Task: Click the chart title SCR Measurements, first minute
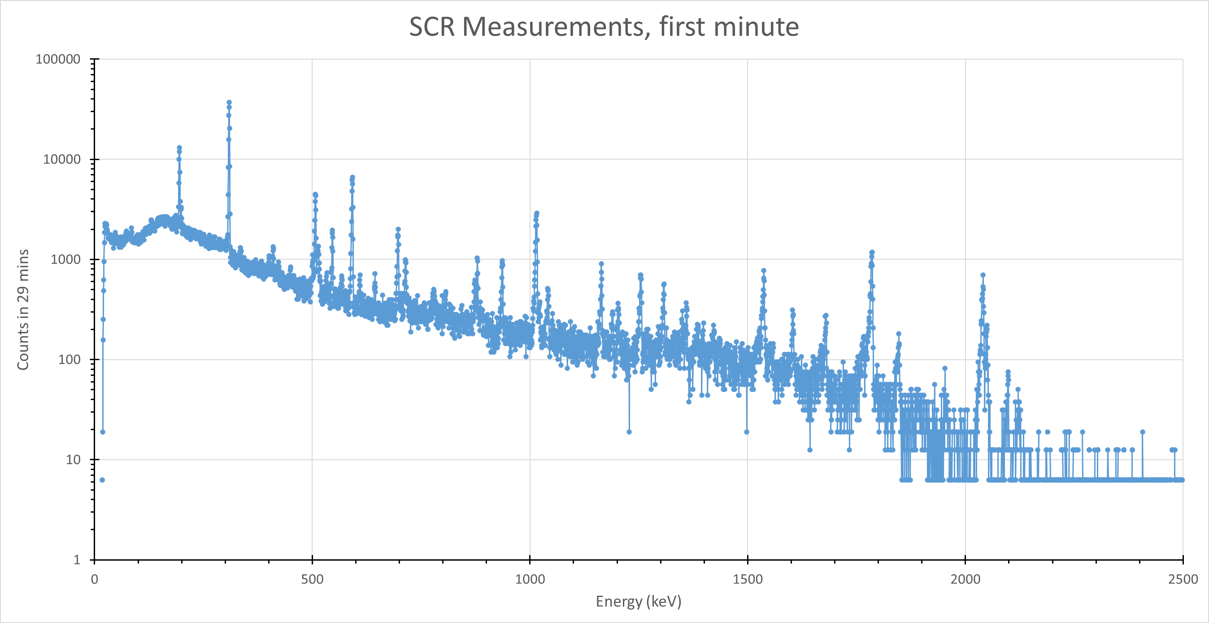tap(604, 26)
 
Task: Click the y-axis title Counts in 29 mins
tap(23, 310)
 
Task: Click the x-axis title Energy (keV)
tap(638, 601)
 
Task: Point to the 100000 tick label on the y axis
tap(58, 59)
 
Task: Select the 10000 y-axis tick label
tap(61, 159)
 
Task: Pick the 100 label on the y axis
tap(69, 360)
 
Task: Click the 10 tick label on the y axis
tap(73, 460)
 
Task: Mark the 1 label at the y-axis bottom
tap(77, 560)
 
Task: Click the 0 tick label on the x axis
tap(94, 579)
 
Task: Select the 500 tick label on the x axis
tap(312, 579)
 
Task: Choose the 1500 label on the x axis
tap(747, 579)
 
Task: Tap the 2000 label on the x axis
tap(965, 579)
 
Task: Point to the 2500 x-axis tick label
tap(1183, 579)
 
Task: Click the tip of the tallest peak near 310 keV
tap(229, 102)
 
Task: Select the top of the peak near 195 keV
tap(179, 148)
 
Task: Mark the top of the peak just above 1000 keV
tap(536, 213)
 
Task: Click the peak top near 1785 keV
tap(872, 252)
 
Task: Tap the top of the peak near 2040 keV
tap(983, 275)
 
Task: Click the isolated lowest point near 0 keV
tap(102, 480)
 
